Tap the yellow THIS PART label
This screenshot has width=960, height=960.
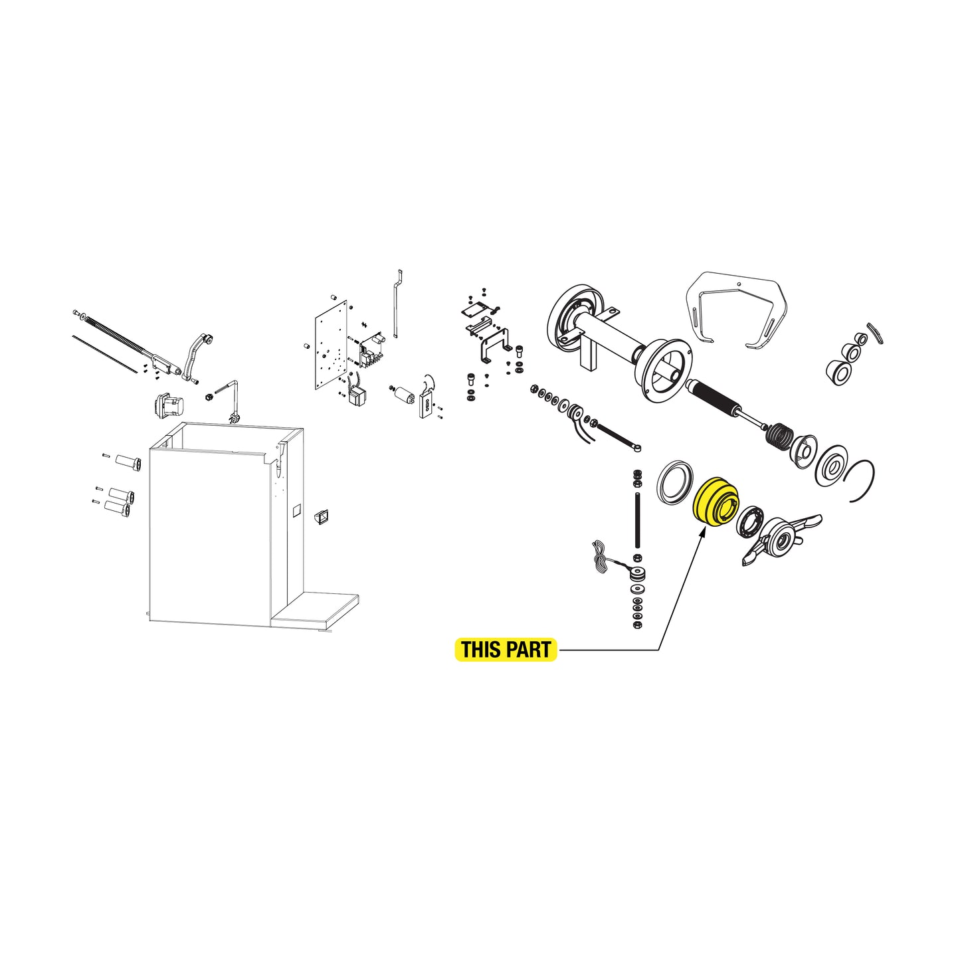[506, 650]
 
